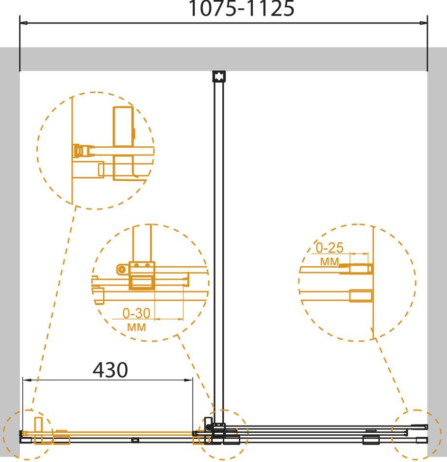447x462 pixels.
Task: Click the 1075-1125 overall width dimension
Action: pyautogui.click(x=241, y=8)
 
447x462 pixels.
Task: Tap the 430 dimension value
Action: pyautogui.click(x=110, y=370)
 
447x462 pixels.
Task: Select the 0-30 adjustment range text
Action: pyautogui.click(x=136, y=313)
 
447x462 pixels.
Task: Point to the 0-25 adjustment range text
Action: pyautogui.click(x=329, y=248)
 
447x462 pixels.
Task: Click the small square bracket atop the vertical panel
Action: pyautogui.click(x=219, y=76)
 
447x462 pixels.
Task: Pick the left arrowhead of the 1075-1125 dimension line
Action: pyautogui.click(x=24, y=23)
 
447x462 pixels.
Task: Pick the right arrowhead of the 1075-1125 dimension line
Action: pyautogui.click(x=423, y=23)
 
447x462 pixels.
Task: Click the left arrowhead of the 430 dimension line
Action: pyautogui.click(x=27, y=380)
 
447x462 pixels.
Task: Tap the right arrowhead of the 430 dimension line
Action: pyautogui.click(x=189, y=380)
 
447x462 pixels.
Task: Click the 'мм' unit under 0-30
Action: pyautogui.click(x=136, y=327)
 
